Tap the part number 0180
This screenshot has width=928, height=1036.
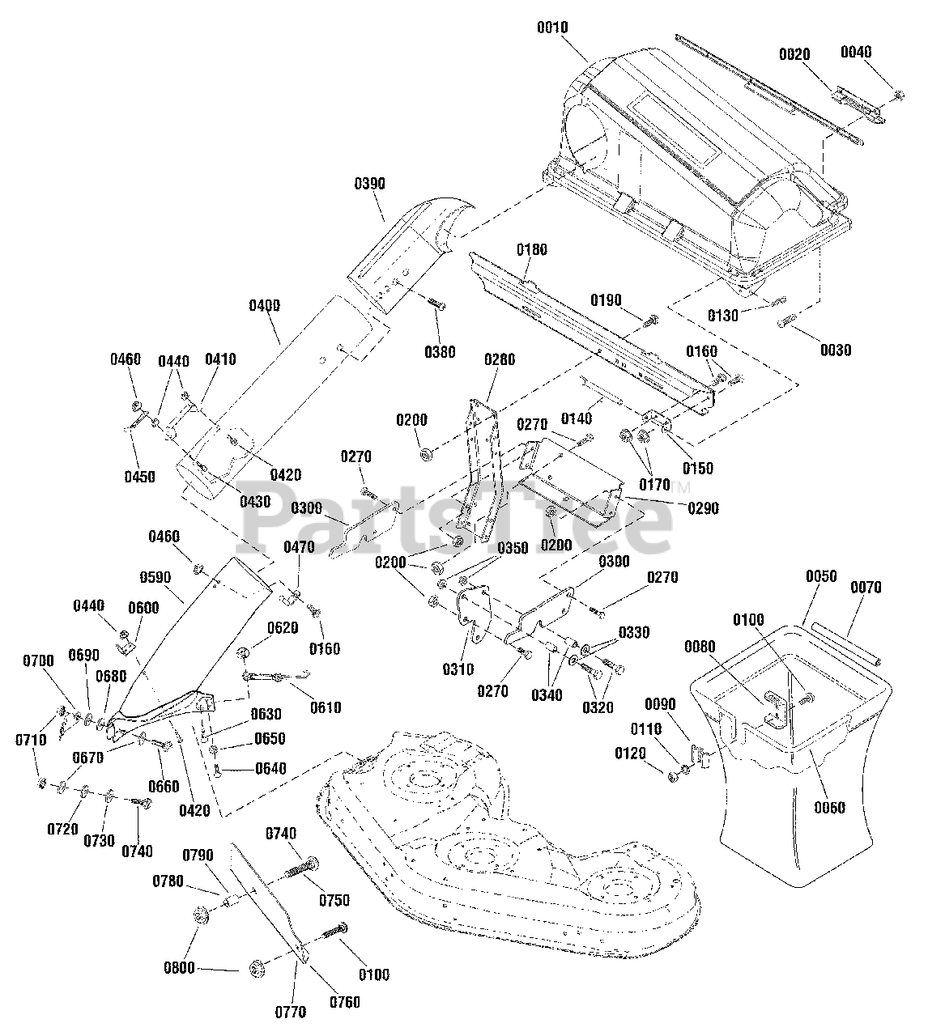point(531,250)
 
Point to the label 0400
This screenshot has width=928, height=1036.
point(266,305)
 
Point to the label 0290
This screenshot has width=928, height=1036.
point(703,509)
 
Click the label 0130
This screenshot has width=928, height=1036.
point(723,316)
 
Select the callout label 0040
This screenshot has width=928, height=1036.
point(856,52)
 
